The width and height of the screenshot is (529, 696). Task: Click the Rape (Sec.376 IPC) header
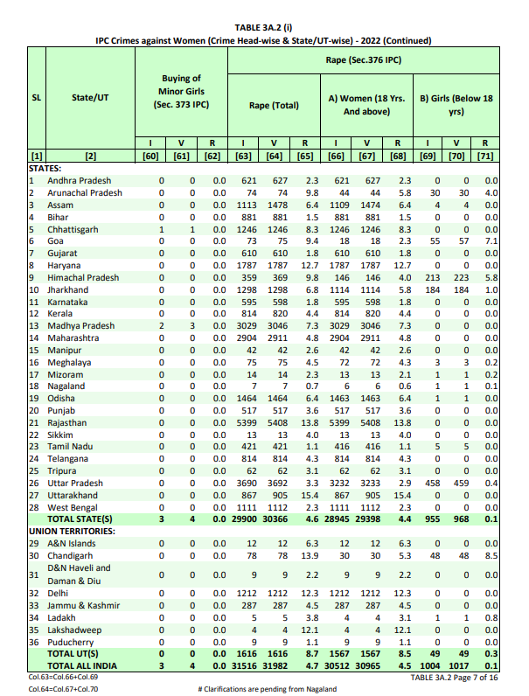(x=362, y=60)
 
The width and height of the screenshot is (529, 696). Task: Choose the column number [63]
(x=247, y=156)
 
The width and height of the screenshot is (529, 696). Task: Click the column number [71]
(x=487, y=156)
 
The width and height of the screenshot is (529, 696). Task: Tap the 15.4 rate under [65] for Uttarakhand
(x=303, y=495)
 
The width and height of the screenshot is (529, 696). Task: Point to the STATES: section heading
(x=45, y=168)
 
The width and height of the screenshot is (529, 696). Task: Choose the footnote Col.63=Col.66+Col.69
(x=64, y=677)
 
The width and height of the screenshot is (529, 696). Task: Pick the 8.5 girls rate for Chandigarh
(x=489, y=555)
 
